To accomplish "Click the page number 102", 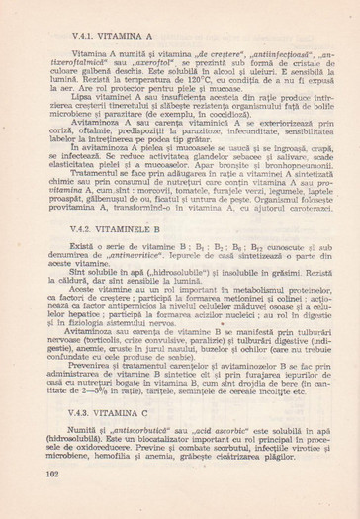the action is (53, 500).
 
